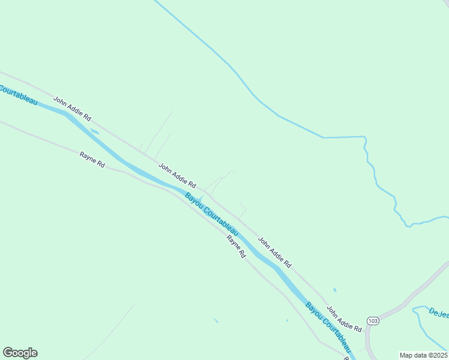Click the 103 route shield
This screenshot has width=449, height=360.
(373, 321)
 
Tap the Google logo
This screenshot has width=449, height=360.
(20, 353)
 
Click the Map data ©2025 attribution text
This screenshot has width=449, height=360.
(423, 355)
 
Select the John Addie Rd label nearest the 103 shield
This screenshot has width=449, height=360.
(344, 320)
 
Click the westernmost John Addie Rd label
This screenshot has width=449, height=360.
(72, 109)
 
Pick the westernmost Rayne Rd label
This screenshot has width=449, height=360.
(92, 159)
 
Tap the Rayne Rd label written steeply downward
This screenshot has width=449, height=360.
(237, 246)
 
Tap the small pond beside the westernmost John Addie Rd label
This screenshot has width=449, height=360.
(94, 131)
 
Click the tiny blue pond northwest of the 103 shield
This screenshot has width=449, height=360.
(334, 290)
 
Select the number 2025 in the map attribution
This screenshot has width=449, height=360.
(438, 355)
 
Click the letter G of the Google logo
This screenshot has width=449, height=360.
(8, 353)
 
